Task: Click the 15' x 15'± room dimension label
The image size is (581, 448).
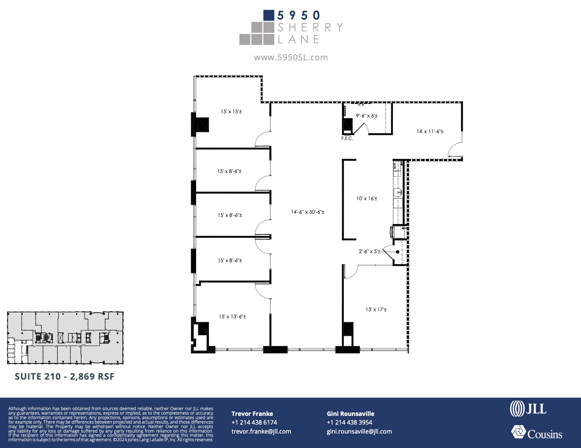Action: pos(231,112)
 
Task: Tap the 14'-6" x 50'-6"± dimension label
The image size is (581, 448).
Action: pos(308,212)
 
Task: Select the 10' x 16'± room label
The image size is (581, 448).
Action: pos(367,199)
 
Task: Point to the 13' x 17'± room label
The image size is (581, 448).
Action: pos(376,310)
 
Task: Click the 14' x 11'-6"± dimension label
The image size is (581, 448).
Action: pos(430,132)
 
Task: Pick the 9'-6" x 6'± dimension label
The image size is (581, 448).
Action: pos(367,116)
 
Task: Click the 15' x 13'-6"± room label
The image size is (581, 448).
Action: pos(232,317)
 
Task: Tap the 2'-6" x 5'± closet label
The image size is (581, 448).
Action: pos(369,252)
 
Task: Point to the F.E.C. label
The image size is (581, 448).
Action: pos(347,139)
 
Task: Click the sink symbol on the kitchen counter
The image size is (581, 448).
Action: pos(397,192)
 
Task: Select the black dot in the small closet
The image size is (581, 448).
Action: pos(398,252)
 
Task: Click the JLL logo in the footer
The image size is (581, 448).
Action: pos(528,409)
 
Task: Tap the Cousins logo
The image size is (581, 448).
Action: pos(537,433)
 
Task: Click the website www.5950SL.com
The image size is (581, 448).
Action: pos(291,57)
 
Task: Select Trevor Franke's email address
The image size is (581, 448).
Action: pos(261,432)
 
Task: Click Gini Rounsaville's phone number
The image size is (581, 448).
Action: pos(349,423)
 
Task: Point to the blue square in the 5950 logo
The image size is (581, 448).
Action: pos(268,15)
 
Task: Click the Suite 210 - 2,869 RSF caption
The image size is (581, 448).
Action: pos(65,377)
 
